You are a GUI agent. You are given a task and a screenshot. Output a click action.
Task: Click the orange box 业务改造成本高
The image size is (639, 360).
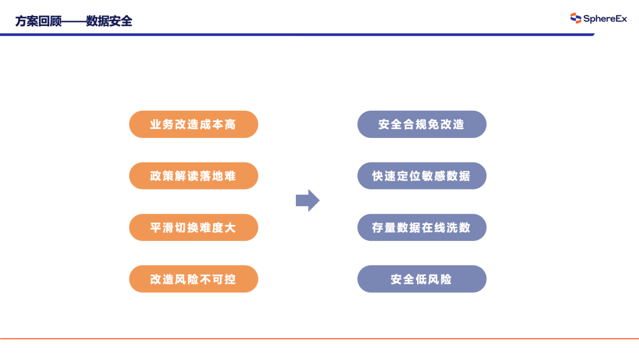193,124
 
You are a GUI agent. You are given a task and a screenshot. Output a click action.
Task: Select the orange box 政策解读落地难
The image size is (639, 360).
193,176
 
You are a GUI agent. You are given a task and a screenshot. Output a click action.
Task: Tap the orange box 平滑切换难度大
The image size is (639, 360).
193,227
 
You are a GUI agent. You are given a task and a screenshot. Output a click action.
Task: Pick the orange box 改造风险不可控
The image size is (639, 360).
193,279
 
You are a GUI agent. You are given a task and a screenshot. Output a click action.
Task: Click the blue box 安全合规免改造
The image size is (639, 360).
421,124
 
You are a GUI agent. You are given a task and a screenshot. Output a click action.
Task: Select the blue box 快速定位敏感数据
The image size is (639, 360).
421,176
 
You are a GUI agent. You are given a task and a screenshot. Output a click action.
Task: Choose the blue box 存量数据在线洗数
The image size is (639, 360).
421,227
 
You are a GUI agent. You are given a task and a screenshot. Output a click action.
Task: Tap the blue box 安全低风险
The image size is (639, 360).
421,279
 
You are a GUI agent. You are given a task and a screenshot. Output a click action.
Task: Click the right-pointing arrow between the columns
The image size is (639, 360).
307,200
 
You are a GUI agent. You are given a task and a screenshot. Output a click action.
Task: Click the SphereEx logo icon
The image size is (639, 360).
576,18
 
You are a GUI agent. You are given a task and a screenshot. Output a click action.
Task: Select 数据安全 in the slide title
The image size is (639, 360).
109,21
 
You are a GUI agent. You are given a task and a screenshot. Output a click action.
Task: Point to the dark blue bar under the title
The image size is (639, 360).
296,34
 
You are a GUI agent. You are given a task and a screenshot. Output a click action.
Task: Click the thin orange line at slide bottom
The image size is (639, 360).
319,339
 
